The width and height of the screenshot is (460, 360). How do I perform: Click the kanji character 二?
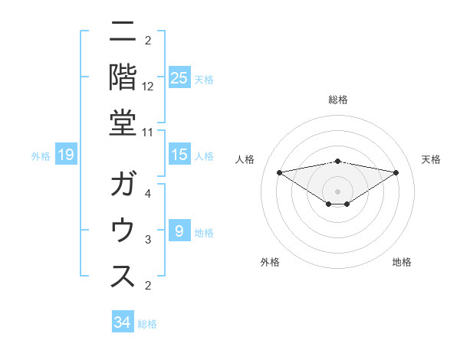pyautogui.click(x=123, y=32)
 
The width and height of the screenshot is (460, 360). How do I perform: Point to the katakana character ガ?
pyautogui.click(x=123, y=185)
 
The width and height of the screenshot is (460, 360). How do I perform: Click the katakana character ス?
pyautogui.click(x=123, y=277)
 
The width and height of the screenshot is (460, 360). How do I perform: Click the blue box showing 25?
pyautogui.click(x=179, y=77)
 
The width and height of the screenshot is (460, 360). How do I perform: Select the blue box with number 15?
pyautogui.click(x=179, y=155)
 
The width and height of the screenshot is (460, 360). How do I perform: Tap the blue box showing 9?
pyautogui.click(x=179, y=231)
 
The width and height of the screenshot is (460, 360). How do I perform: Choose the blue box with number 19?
pyautogui.click(x=65, y=155)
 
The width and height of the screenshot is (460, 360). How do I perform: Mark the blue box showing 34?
pyautogui.click(x=122, y=322)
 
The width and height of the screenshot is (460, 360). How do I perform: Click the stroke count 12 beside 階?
pyautogui.click(x=148, y=86)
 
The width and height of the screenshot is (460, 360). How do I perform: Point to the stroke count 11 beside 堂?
pyautogui.click(x=148, y=132)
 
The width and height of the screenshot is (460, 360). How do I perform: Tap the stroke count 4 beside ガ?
pyautogui.click(x=148, y=194)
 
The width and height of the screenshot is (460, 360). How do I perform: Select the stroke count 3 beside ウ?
pyautogui.click(x=148, y=240)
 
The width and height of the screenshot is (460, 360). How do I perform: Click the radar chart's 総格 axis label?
pyautogui.click(x=337, y=100)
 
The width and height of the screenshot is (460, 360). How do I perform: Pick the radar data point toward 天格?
pyautogui.click(x=396, y=172)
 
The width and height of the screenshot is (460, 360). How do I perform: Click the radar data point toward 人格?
pyautogui.click(x=279, y=172)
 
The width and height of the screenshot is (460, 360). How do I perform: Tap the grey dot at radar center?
pyautogui.click(x=337, y=191)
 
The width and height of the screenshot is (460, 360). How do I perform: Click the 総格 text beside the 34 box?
pyautogui.click(x=147, y=324)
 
